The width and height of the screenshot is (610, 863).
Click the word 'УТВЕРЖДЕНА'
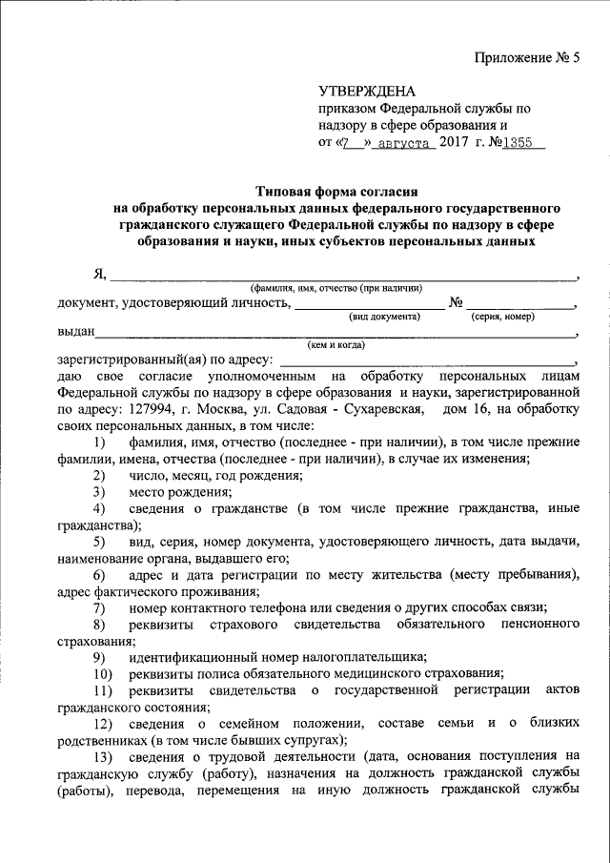coord(367,92)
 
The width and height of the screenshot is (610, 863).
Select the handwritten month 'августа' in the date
coord(405,145)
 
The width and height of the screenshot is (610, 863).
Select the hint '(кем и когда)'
coord(335,345)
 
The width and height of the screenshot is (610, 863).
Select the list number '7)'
coord(99,607)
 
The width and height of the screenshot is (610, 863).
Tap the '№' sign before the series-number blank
coord(456,302)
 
